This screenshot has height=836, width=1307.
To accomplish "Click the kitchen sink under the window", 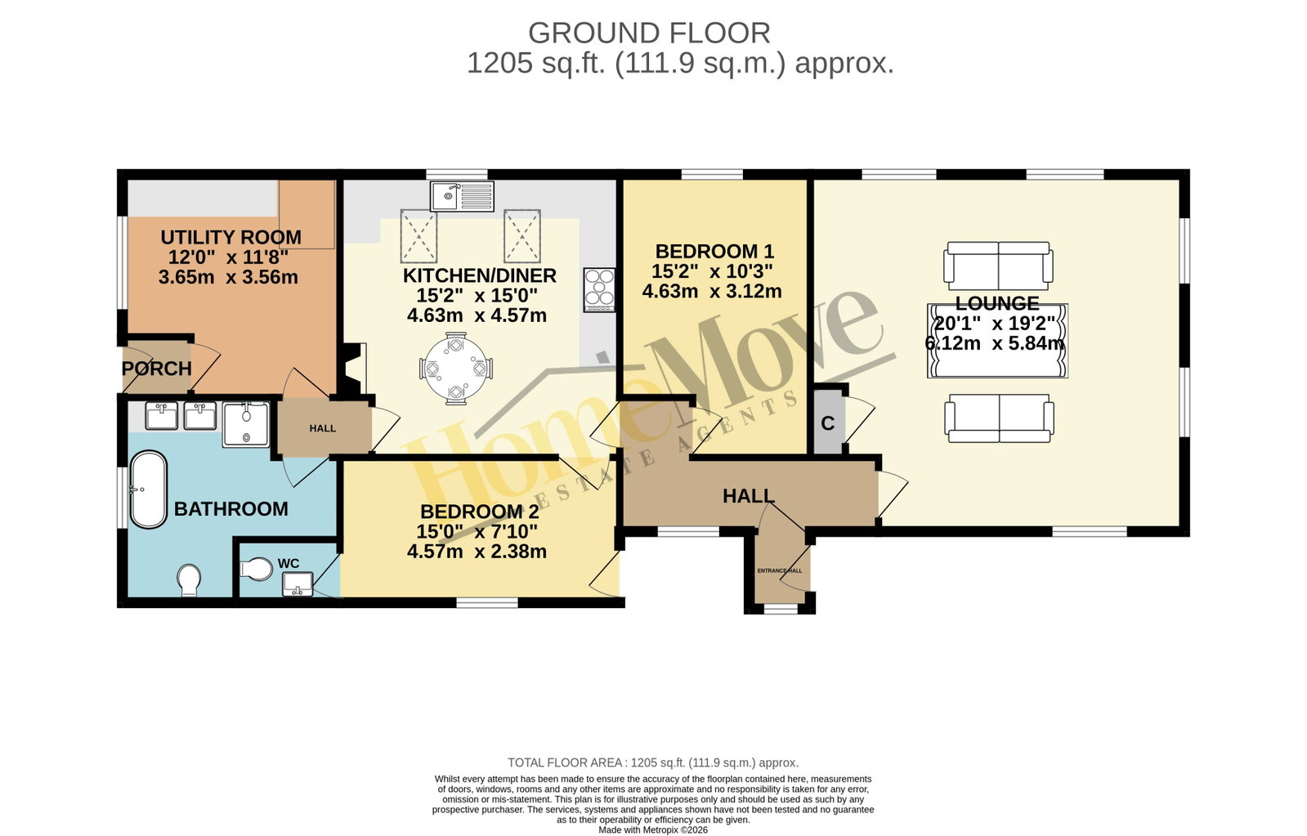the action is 462,195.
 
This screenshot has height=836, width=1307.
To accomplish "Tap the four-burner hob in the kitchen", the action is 599,290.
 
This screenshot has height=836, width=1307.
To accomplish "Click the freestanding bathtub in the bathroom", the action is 148,490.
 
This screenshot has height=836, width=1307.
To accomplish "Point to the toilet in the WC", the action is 256,569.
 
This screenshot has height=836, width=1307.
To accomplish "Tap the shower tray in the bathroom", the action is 246,424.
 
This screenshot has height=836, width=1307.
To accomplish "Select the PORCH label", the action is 156,369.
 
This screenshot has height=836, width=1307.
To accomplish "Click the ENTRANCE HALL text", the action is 780,570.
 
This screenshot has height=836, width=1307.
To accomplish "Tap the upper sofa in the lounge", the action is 998,266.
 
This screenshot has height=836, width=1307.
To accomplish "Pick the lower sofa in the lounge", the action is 999,418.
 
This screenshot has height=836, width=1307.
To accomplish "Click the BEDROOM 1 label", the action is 714,252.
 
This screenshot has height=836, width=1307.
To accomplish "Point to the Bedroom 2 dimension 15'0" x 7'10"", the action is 477,531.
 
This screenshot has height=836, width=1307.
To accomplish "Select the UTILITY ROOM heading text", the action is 231,238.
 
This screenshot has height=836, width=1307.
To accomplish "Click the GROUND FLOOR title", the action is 649,34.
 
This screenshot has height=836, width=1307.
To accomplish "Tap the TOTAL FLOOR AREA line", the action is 653,762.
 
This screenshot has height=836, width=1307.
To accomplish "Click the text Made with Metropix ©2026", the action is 653,830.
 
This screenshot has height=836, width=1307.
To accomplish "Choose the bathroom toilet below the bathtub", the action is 190,580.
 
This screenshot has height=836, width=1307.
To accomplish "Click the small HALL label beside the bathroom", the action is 323,428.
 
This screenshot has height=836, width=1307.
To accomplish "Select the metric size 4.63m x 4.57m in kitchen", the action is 477,315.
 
